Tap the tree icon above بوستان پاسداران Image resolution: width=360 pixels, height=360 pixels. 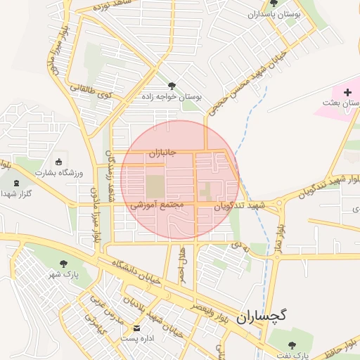pos(274,4)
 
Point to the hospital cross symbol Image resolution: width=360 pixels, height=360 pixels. pos(347,92)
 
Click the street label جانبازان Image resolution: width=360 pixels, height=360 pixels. pos(165,152)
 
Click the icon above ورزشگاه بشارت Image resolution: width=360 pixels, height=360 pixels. pos(58,162)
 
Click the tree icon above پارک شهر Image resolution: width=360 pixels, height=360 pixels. pos(65,264)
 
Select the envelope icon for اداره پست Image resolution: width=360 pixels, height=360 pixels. pos(136,328)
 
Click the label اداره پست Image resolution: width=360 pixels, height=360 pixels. pos(137,338)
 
